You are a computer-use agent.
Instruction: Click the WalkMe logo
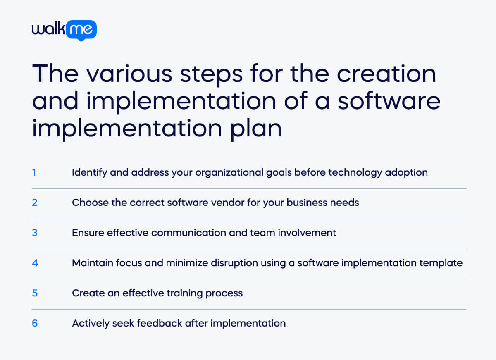[x=64, y=30]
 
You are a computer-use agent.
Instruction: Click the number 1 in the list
[x=34, y=172]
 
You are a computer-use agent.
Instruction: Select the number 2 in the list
[x=34, y=203]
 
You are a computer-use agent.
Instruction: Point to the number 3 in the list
[x=34, y=233]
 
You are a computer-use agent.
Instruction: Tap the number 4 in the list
[x=35, y=263]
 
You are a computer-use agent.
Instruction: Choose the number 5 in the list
[x=34, y=293]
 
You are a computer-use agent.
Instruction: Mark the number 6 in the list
[x=34, y=323]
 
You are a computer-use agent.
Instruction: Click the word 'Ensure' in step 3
[x=88, y=233]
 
